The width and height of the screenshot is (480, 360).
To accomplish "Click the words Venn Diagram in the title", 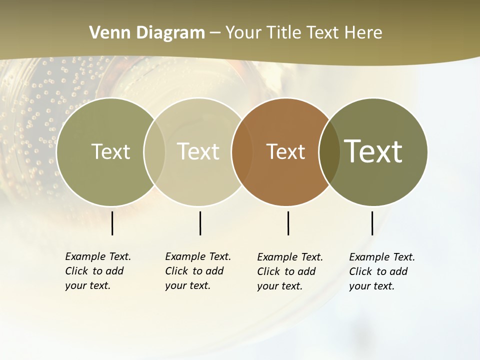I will [x=147, y=33].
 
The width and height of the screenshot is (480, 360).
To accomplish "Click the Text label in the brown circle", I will [x=285, y=152].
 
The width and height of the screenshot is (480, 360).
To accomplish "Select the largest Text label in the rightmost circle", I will [x=373, y=151].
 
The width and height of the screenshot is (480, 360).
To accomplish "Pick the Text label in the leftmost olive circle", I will [x=110, y=151].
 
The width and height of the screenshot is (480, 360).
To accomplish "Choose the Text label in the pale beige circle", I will [x=198, y=151].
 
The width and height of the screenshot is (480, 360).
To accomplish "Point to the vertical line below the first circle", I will [x=112, y=223].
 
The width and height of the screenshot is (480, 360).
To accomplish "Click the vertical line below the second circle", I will [x=200, y=223].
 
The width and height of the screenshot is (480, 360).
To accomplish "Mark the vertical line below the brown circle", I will [x=288, y=223].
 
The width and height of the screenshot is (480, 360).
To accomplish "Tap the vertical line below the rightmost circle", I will [x=372, y=223].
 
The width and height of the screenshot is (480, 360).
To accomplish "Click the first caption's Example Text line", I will [x=98, y=256].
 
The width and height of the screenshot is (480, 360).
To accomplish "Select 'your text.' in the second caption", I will [x=187, y=285].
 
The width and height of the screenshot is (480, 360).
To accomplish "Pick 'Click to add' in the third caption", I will [x=286, y=271].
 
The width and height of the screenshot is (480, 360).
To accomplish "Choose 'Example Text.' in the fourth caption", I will [x=382, y=257].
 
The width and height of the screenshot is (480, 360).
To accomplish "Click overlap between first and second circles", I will [x=154, y=151].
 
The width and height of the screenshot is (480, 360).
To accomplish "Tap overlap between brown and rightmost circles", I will [x=329, y=151].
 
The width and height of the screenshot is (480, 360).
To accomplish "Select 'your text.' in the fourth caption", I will [x=371, y=286].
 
